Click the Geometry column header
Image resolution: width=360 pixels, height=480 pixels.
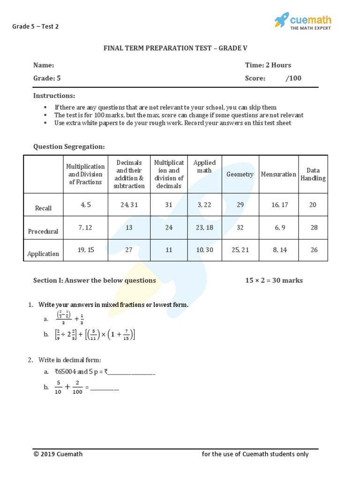(240, 174)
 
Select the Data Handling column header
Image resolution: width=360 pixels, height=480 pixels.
(313, 174)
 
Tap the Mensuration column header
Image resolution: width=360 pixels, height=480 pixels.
(278, 174)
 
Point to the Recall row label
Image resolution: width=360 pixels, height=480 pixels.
(43, 208)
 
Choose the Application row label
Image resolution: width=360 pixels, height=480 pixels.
(43, 254)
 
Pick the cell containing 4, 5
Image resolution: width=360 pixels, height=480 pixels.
(85, 205)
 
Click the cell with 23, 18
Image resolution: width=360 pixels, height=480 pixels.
(204, 227)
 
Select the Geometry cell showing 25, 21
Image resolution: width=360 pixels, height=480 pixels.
(240, 250)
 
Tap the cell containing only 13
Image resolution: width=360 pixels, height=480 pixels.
(129, 227)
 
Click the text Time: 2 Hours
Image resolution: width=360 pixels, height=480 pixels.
(268, 65)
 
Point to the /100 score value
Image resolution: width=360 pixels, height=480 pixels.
(293, 78)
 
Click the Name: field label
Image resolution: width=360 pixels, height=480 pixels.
(44, 65)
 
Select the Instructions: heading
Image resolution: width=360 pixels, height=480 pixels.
(54, 96)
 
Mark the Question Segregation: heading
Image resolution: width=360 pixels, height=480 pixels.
(69, 147)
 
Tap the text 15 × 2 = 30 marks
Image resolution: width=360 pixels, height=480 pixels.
(274, 280)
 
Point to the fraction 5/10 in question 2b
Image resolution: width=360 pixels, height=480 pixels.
(58, 388)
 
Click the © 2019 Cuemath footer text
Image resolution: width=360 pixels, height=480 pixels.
(58, 454)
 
